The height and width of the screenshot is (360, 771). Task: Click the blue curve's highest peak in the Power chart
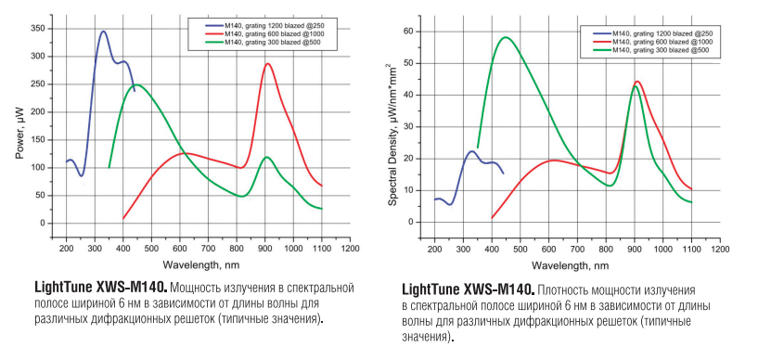pos(103,32)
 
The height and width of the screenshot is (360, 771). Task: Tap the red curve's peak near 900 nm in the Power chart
pos(267,64)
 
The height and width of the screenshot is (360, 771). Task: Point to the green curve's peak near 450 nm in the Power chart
pos(135,85)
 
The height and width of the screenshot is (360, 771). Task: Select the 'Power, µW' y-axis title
pos(19,133)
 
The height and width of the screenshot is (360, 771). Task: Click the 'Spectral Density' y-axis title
pos(392,133)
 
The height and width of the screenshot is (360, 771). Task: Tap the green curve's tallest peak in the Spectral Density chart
pos(505,38)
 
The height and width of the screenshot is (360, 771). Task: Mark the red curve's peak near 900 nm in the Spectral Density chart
pos(636,82)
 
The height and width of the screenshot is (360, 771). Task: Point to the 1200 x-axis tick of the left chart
pos(350,250)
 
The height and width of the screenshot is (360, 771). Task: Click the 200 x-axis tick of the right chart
pos(434,250)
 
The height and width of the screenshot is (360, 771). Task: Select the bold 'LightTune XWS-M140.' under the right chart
pos(469,290)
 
